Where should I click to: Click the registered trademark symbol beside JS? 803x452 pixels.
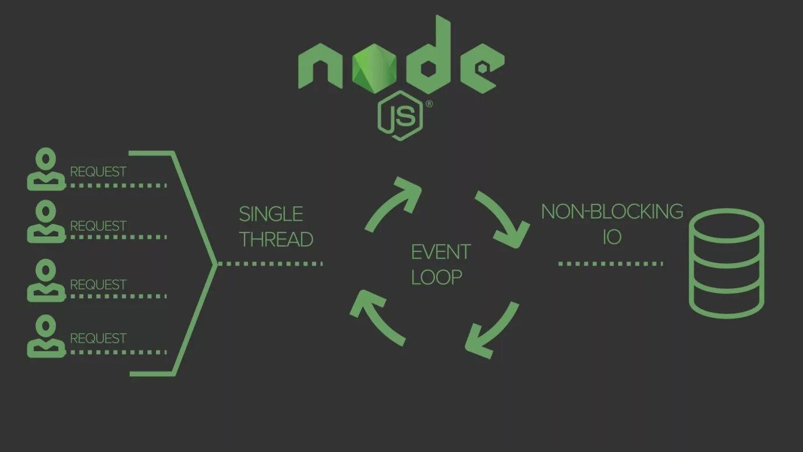[429, 104]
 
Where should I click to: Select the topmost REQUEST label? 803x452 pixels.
[98, 172]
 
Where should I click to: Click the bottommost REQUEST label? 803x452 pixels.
[98, 338]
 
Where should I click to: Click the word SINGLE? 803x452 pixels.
[271, 214]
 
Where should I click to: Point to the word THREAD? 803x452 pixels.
[276, 239]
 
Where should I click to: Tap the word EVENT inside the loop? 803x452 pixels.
[441, 252]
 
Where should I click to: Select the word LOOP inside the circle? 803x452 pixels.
[436, 277]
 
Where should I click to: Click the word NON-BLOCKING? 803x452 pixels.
[612, 211]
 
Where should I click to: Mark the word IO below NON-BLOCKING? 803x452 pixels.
[612, 237]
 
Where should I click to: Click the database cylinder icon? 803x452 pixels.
[726, 263]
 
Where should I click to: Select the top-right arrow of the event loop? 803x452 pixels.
[502, 219]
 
